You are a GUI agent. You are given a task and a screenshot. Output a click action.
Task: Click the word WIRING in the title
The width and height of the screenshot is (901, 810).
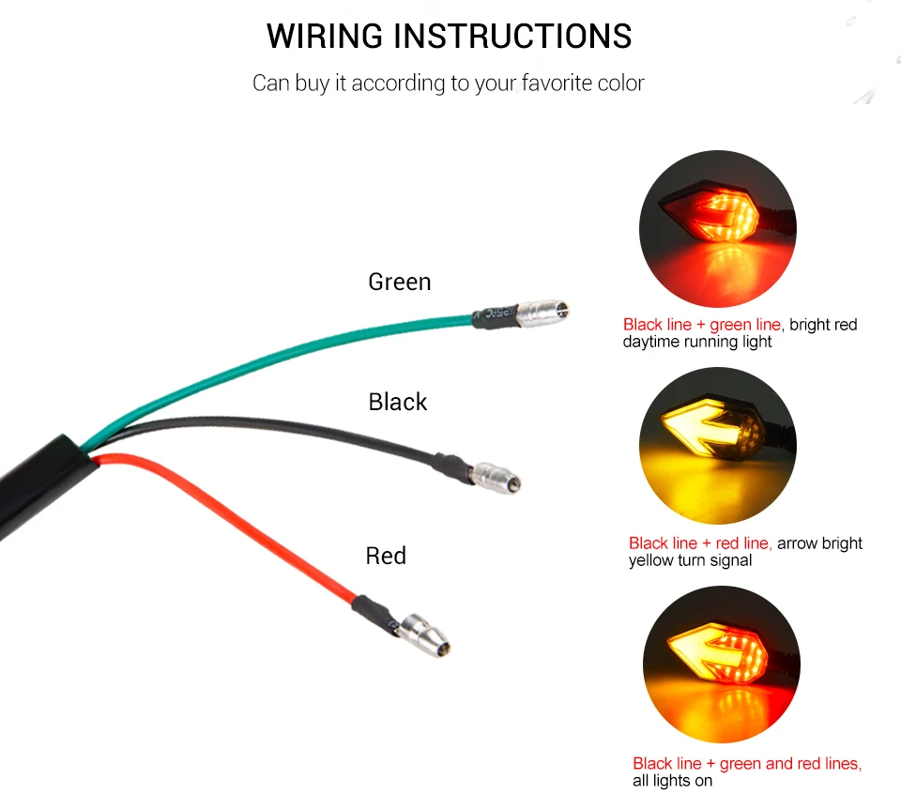(x=325, y=37)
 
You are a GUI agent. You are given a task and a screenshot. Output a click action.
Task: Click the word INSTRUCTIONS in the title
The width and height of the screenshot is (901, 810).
(x=512, y=37)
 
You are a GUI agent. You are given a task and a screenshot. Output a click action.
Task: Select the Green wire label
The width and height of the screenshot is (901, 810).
(x=400, y=283)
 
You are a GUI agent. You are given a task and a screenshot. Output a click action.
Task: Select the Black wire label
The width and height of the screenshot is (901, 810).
(x=398, y=402)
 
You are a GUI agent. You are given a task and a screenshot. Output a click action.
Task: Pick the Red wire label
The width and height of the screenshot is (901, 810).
(x=386, y=556)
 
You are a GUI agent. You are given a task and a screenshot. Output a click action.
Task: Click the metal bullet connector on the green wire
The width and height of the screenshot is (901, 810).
(x=543, y=313)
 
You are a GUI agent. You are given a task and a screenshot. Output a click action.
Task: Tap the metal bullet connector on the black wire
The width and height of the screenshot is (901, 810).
(x=496, y=477)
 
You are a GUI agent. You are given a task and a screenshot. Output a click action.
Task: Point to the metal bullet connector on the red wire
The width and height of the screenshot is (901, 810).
(x=425, y=634)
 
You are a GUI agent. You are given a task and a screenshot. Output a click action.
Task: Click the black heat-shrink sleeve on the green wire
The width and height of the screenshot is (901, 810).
(x=495, y=316)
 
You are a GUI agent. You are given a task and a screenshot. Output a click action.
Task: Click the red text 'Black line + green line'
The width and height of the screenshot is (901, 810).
(x=702, y=325)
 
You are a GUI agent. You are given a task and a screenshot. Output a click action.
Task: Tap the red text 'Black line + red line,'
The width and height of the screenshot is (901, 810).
(x=700, y=543)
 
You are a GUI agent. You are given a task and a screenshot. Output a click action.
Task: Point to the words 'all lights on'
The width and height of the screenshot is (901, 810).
(x=672, y=781)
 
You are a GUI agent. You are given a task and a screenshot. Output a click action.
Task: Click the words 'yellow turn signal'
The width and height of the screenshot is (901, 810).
(x=690, y=560)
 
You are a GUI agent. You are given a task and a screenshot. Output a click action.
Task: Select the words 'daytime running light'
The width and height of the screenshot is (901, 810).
(x=697, y=343)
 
